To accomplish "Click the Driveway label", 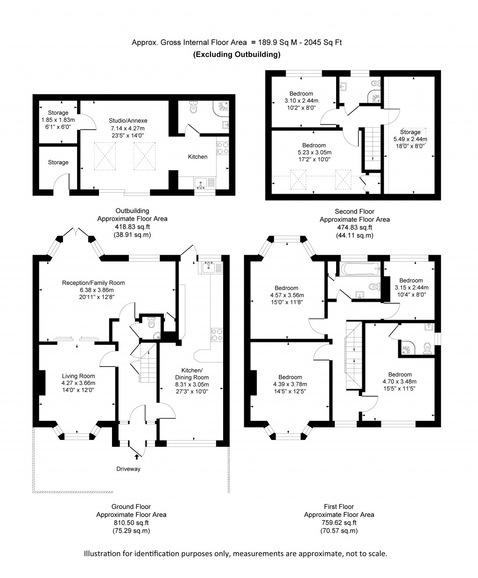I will [x=128, y=469].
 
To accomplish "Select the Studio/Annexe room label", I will [x=127, y=121].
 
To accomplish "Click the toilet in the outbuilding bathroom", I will [x=194, y=108].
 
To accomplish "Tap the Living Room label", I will [x=78, y=376].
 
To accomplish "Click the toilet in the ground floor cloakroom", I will [x=150, y=322].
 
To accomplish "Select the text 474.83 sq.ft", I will [x=354, y=228].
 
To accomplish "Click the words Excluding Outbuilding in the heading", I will [x=237, y=55].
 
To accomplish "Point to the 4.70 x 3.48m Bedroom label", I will [x=400, y=374].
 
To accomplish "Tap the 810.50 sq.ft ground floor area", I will [x=131, y=523].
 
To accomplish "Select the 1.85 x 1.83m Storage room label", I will [x=58, y=113].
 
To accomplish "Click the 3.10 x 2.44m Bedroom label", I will [x=301, y=94].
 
